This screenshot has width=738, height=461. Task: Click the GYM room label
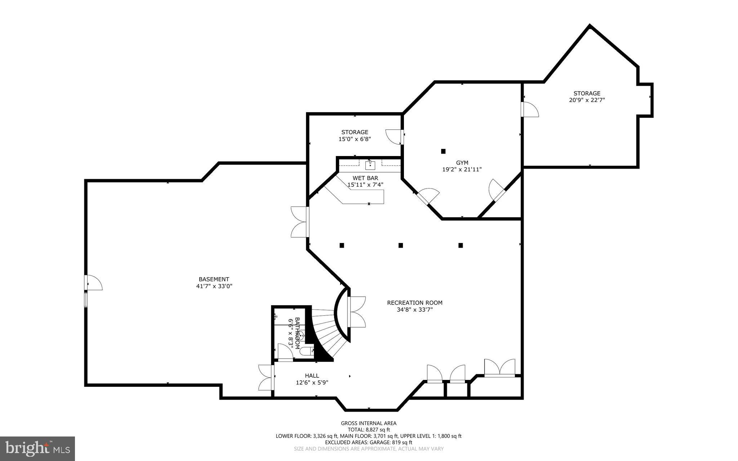point(462,163)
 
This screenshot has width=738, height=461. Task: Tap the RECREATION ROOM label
point(415,303)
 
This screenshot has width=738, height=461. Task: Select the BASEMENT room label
point(214,279)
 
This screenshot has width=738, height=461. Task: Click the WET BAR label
point(365,178)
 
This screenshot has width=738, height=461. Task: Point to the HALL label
point(312,376)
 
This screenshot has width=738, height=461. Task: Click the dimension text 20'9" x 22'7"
point(587,100)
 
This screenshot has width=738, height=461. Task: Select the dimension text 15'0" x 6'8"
point(355,139)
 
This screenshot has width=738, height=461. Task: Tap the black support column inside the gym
point(443,151)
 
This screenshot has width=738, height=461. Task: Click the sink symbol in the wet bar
point(370,165)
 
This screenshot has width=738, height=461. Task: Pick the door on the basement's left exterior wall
point(93,283)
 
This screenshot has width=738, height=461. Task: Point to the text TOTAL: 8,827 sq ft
point(369,430)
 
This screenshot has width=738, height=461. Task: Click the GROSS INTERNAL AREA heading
point(369,423)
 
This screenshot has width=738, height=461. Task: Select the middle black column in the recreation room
point(401,245)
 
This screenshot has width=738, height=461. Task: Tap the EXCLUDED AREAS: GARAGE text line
point(369,442)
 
